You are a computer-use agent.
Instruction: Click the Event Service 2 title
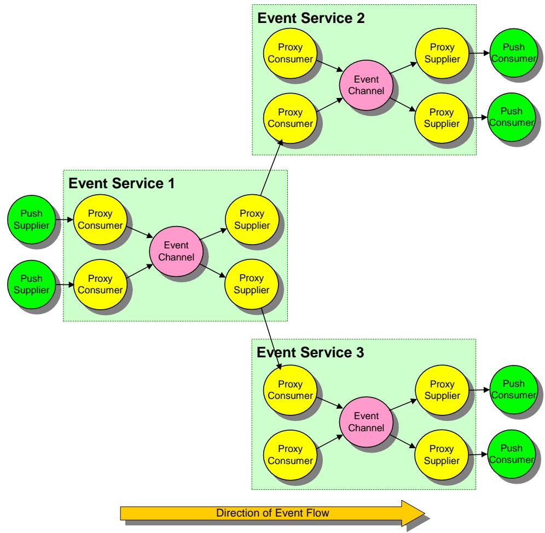311,18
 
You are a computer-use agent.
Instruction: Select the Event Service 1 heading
121,183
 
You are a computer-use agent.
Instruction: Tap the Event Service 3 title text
310,352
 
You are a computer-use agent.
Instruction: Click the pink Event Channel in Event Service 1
176,251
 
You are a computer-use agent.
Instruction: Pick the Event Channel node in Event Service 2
367,85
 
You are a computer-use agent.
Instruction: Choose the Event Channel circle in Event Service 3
367,422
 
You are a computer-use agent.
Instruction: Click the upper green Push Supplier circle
32,219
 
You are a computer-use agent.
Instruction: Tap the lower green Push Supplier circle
32,285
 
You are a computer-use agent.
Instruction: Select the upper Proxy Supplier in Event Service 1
252,219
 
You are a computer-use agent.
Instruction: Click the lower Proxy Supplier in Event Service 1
252,284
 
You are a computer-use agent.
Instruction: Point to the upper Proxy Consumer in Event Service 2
290,53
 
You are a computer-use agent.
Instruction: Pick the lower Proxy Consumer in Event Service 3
290,455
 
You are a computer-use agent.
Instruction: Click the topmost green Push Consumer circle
514,53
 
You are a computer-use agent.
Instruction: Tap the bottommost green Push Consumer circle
512,454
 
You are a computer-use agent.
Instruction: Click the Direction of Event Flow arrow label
272,513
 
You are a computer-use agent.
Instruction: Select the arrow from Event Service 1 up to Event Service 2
271,167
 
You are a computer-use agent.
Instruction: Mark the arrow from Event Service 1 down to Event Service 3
271,339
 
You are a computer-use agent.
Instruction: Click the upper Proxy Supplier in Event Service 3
442,390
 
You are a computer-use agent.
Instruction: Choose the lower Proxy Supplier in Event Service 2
442,118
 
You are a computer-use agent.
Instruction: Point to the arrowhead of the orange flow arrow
425,513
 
